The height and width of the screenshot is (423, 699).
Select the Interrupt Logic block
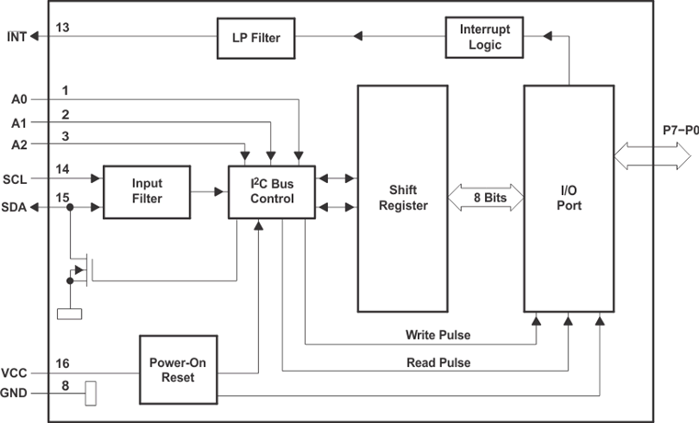coord(484,38)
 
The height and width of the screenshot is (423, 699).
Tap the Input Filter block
coord(146,191)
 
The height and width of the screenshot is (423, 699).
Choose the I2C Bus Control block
coord(272,191)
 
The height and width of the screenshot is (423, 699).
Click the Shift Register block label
coord(402,198)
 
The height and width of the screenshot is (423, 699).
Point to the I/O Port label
coord(569,198)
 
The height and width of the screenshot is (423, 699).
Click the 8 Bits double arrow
coord(486,196)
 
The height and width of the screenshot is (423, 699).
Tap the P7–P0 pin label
coord(681,131)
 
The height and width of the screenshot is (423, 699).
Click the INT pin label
coord(17,38)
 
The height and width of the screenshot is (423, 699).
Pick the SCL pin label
coord(15,179)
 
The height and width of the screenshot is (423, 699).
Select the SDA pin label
coord(16,208)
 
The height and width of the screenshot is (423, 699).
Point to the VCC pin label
coord(14,374)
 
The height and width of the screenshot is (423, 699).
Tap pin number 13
coord(62,28)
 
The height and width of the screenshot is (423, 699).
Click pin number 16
coord(62,363)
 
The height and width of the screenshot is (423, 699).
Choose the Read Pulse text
coord(438,362)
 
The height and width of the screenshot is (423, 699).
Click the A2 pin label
coord(19,145)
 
